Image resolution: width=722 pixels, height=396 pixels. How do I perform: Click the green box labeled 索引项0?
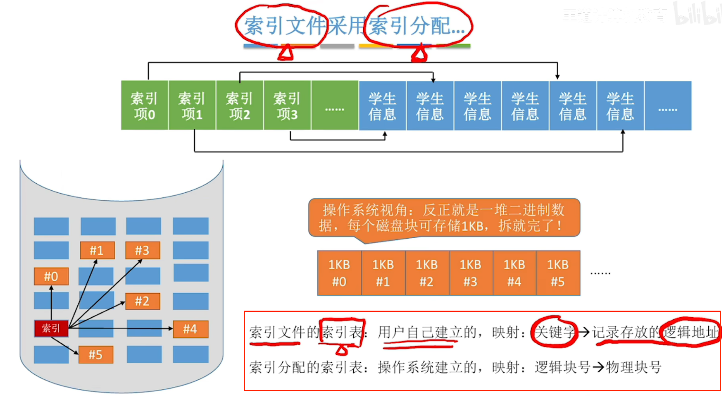click(144, 105)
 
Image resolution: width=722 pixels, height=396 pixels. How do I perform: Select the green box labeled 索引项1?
click(192, 105)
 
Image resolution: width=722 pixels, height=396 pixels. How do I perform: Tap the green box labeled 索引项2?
click(239, 105)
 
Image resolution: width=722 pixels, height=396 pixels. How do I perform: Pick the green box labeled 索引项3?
click(287, 105)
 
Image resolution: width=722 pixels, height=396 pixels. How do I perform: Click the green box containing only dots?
click(335, 105)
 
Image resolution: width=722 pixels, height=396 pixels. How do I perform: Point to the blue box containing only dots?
click(668, 106)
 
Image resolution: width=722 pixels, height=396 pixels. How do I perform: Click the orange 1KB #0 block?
click(339, 273)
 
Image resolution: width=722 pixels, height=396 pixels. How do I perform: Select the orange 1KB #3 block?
click(470, 273)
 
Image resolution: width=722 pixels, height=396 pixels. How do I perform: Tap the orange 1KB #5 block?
click(558, 273)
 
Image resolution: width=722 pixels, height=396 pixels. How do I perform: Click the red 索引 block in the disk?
click(51, 328)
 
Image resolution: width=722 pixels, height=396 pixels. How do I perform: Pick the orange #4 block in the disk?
click(190, 329)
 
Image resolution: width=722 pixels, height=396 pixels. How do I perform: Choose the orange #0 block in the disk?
click(51, 276)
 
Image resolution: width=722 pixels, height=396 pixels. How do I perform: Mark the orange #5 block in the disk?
click(95, 355)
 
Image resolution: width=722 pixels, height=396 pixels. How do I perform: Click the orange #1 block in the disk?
click(97, 250)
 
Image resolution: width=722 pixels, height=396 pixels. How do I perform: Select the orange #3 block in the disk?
click(142, 250)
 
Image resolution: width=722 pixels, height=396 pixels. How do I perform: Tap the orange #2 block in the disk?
click(142, 301)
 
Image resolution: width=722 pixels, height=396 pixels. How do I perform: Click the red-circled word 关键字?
click(554, 332)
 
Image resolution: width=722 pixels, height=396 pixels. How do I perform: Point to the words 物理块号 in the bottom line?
click(633, 367)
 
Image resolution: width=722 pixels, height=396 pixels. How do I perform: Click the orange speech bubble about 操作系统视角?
click(444, 218)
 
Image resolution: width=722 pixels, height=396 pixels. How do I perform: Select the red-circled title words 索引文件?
click(283, 26)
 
